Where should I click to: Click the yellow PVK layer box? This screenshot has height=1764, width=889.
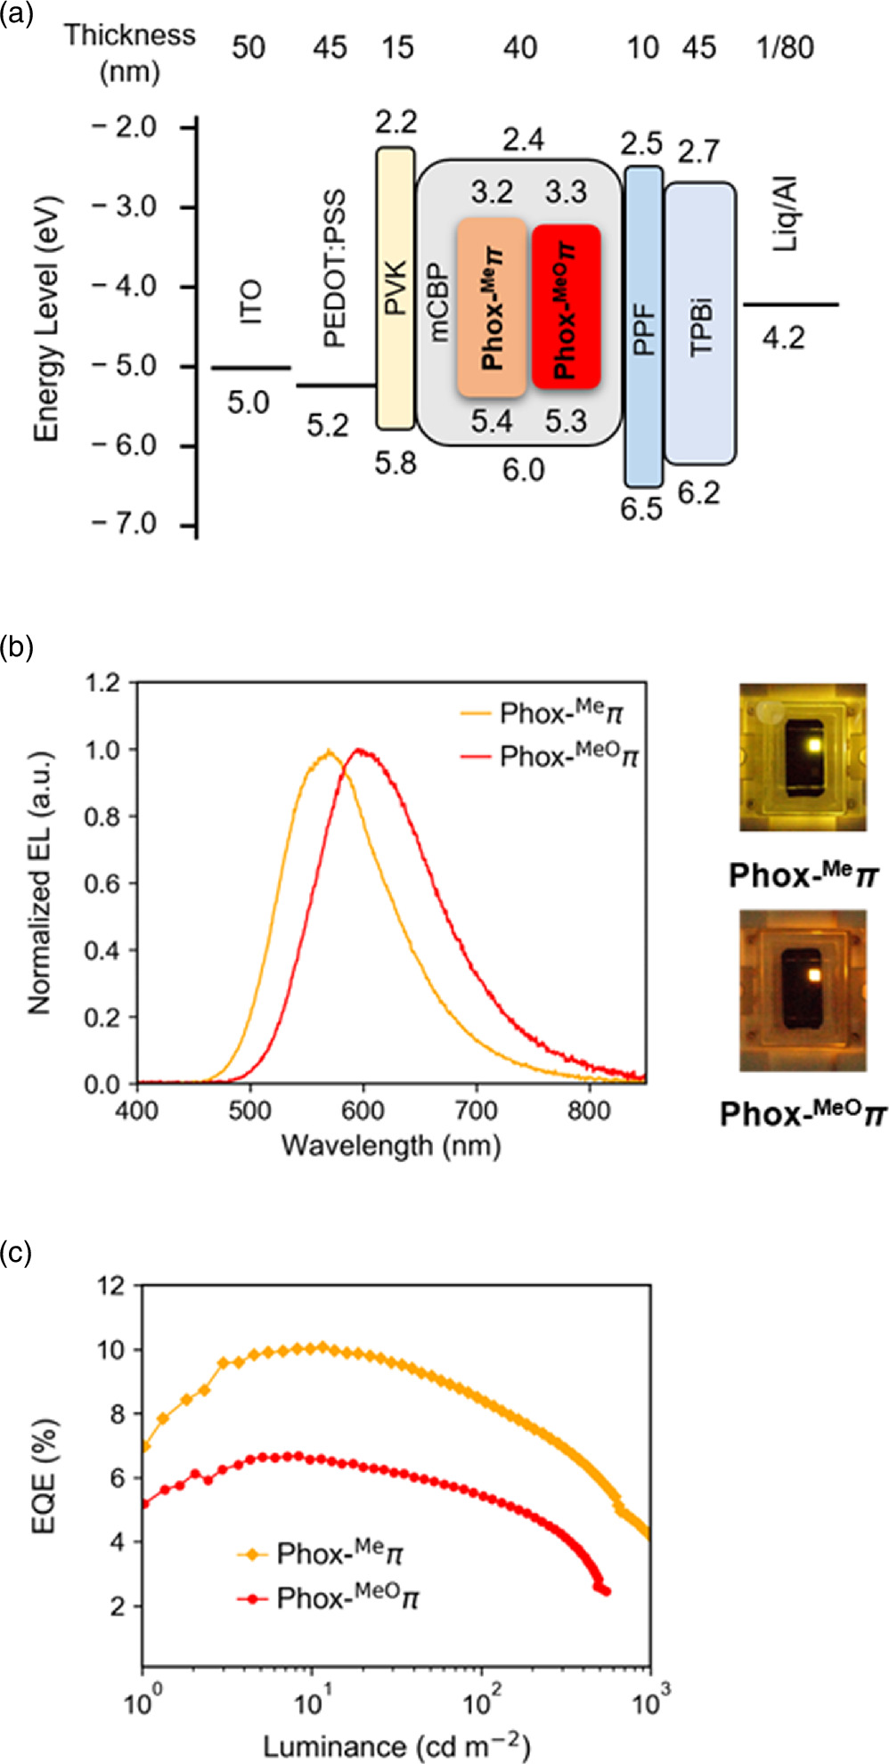(395, 289)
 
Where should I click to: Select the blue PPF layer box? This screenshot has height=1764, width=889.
(643, 326)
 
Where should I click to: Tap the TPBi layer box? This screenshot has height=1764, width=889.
(700, 322)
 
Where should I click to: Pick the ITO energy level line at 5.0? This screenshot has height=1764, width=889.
(250, 368)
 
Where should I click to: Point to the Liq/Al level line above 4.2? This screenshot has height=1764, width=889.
(791, 305)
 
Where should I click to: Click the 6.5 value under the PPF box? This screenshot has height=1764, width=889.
(641, 508)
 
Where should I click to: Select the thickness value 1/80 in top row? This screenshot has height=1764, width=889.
(784, 47)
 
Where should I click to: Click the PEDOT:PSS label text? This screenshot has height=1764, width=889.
(334, 267)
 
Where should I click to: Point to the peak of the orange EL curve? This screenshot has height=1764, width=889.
(329, 752)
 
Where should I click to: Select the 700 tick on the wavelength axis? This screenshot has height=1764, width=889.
(476, 1110)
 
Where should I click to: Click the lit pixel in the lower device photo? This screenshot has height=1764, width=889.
(812, 974)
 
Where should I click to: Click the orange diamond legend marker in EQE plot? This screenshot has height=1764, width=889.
(253, 1554)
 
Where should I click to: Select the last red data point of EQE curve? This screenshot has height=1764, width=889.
(607, 1591)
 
